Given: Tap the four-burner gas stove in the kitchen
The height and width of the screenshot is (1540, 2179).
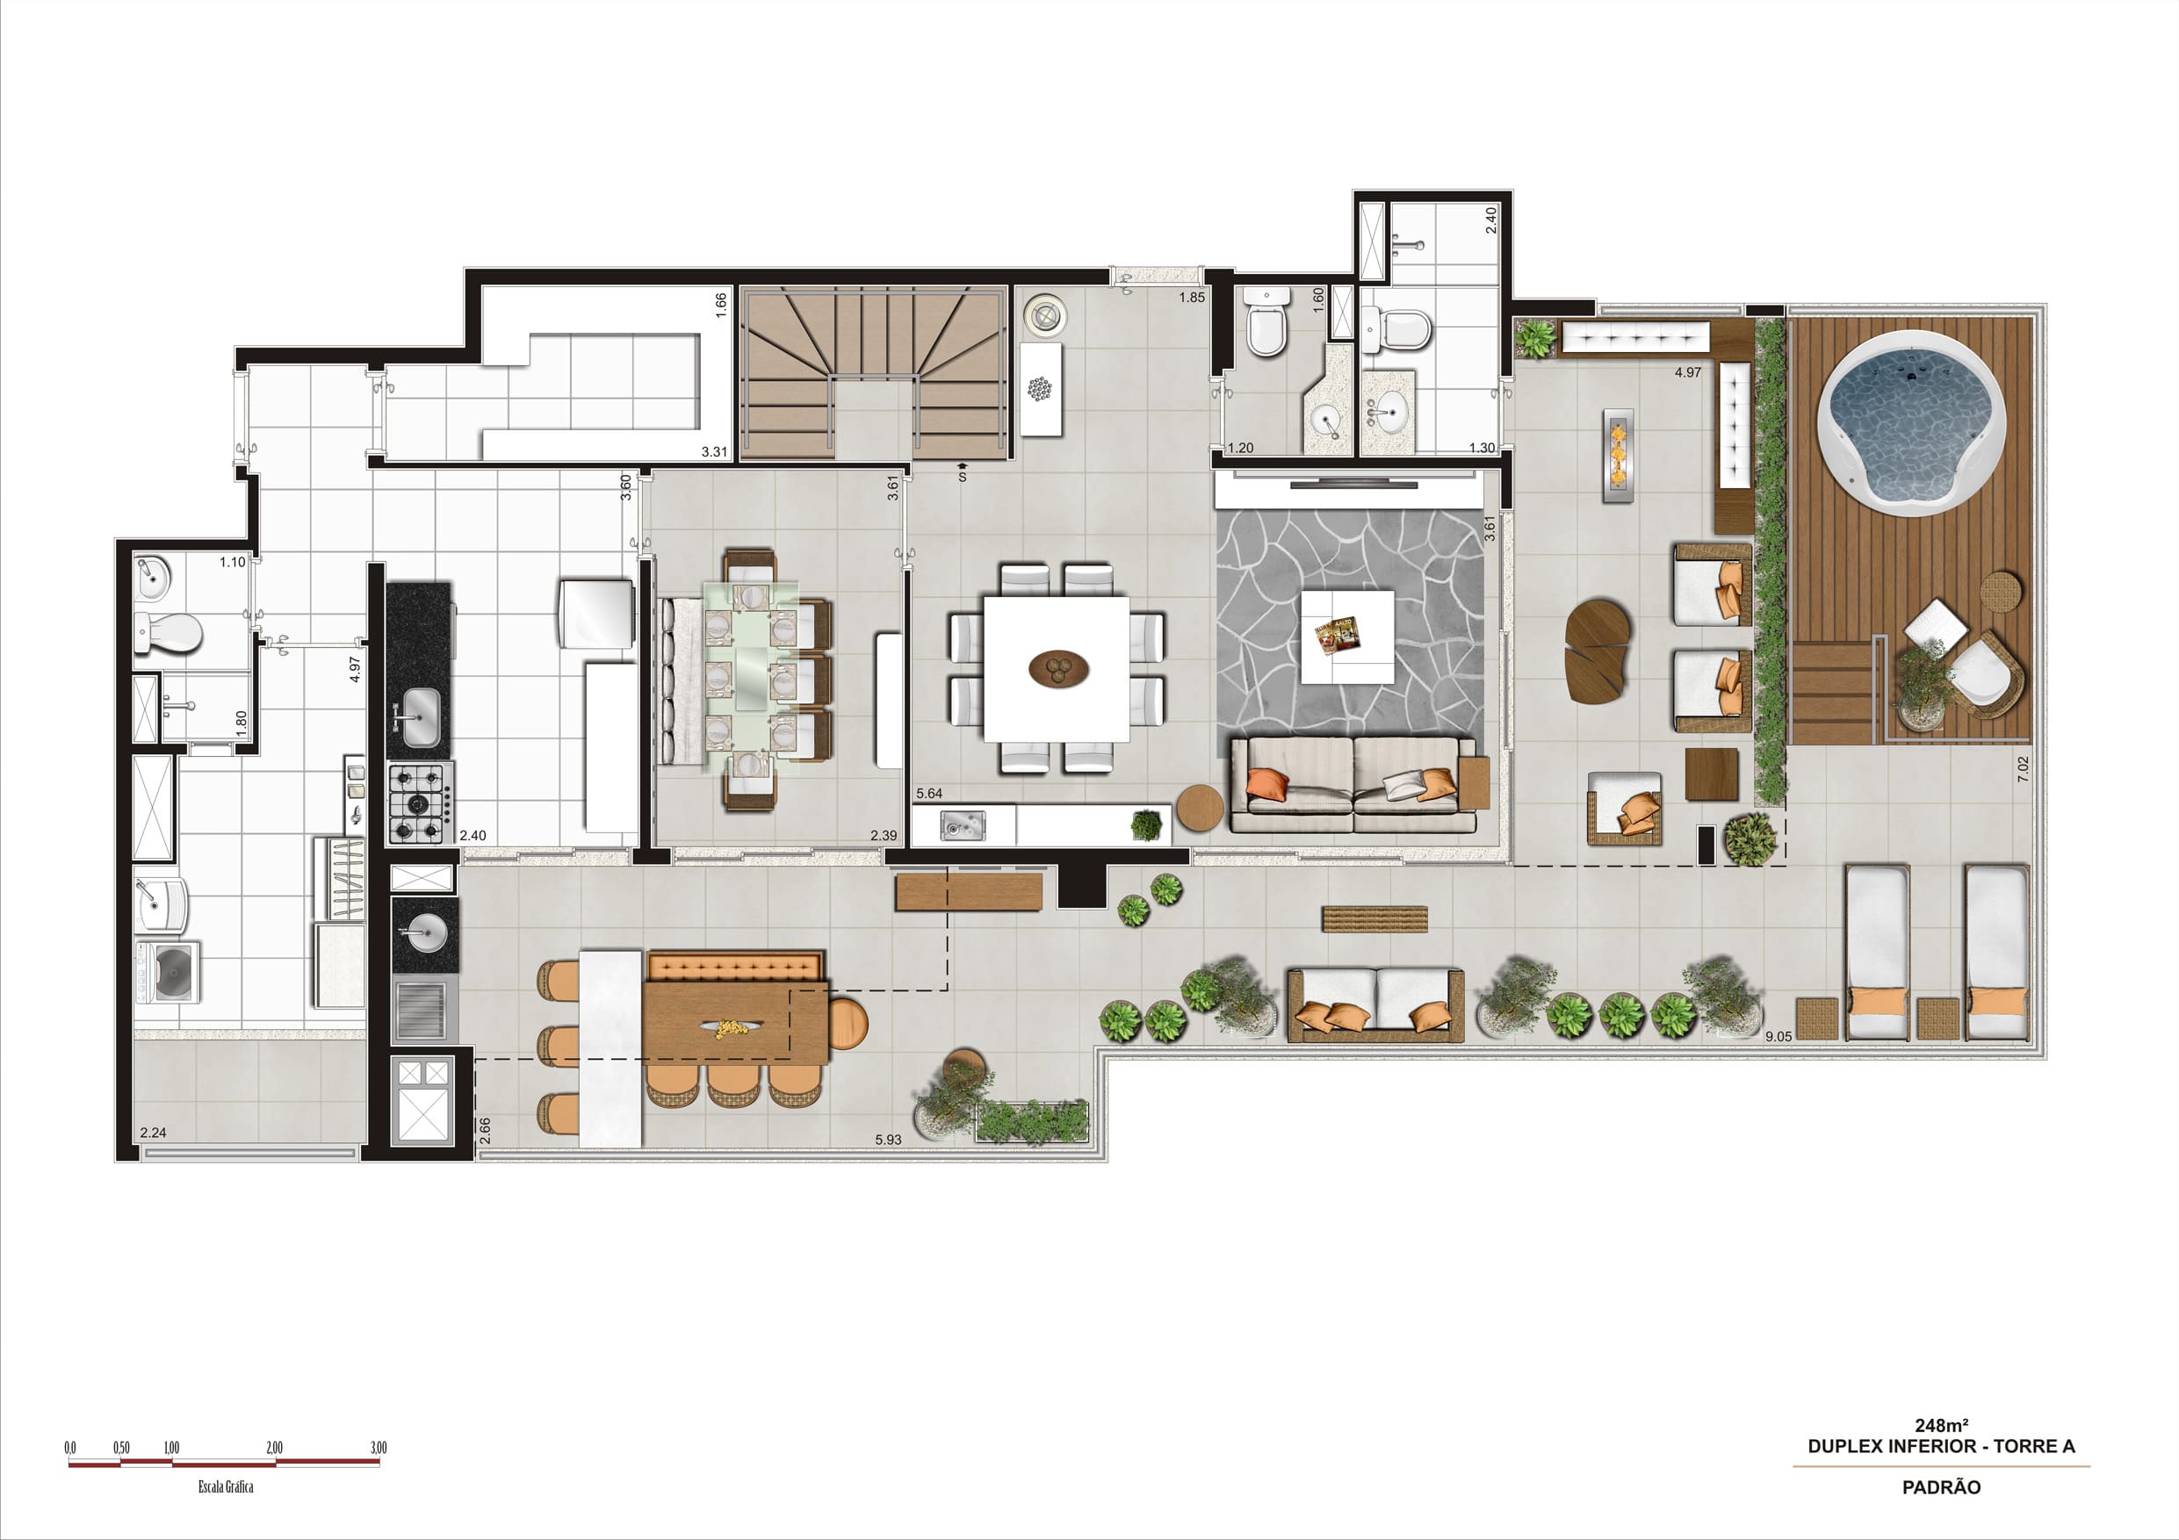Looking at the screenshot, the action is pos(420,802).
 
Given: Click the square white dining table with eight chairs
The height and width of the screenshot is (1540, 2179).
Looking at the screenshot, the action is pos(1057,668).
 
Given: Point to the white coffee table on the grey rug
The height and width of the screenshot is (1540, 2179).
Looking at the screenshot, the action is pos(1346,637).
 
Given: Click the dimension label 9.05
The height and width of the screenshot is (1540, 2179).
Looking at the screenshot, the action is pos(1779,1036).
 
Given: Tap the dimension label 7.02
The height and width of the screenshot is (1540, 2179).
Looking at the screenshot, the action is pos(2023,767).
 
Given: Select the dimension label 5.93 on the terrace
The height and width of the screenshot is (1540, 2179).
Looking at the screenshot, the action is pos(888,1140).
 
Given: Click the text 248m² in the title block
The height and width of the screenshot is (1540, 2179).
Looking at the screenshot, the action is pos(1941,1425).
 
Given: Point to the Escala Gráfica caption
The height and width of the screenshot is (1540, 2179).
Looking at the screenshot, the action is pos(226,1486).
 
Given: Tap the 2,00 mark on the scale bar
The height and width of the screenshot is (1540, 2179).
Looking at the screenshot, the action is pos(274,1447).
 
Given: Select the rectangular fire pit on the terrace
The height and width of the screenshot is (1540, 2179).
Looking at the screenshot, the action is pos(1617,455).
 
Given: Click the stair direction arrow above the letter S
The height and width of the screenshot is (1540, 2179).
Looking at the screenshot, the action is pos(963,466).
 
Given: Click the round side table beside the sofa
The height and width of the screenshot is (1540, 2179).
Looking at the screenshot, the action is pos(1201,809).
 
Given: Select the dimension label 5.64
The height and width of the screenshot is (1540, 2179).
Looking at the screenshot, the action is pos(929,793).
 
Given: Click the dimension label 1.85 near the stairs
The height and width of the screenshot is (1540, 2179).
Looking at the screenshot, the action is pos(1192,297).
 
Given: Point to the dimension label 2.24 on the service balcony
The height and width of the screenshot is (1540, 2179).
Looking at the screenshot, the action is pos(153,1132).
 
